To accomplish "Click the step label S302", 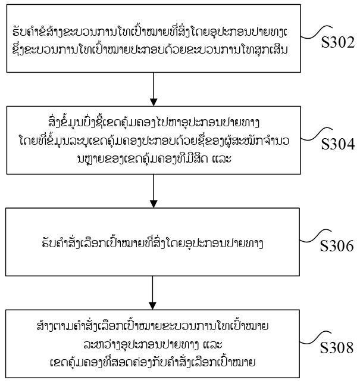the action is click(x=338, y=42).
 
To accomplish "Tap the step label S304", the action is click(x=338, y=144).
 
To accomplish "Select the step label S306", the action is click(x=337, y=246).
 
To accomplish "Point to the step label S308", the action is click(x=337, y=347).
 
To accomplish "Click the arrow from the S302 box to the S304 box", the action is click(x=154, y=89).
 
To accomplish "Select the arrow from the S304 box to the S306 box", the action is click(x=154, y=191).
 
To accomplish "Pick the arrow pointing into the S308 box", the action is click(x=152, y=293).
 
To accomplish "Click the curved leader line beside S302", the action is click(x=317, y=32).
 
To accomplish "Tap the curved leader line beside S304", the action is click(x=317, y=133).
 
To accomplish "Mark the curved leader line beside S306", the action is click(x=315, y=235).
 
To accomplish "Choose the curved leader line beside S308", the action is click(x=315, y=337).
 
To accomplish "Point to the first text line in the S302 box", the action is click(x=150, y=32).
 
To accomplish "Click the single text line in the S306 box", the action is click(x=152, y=242).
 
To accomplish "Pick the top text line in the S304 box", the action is click(x=154, y=122).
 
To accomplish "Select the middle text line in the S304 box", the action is click(x=154, y=141).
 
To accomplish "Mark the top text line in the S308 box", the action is click(x=152, y=326).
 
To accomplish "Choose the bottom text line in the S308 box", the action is click(x=152, y=362).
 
